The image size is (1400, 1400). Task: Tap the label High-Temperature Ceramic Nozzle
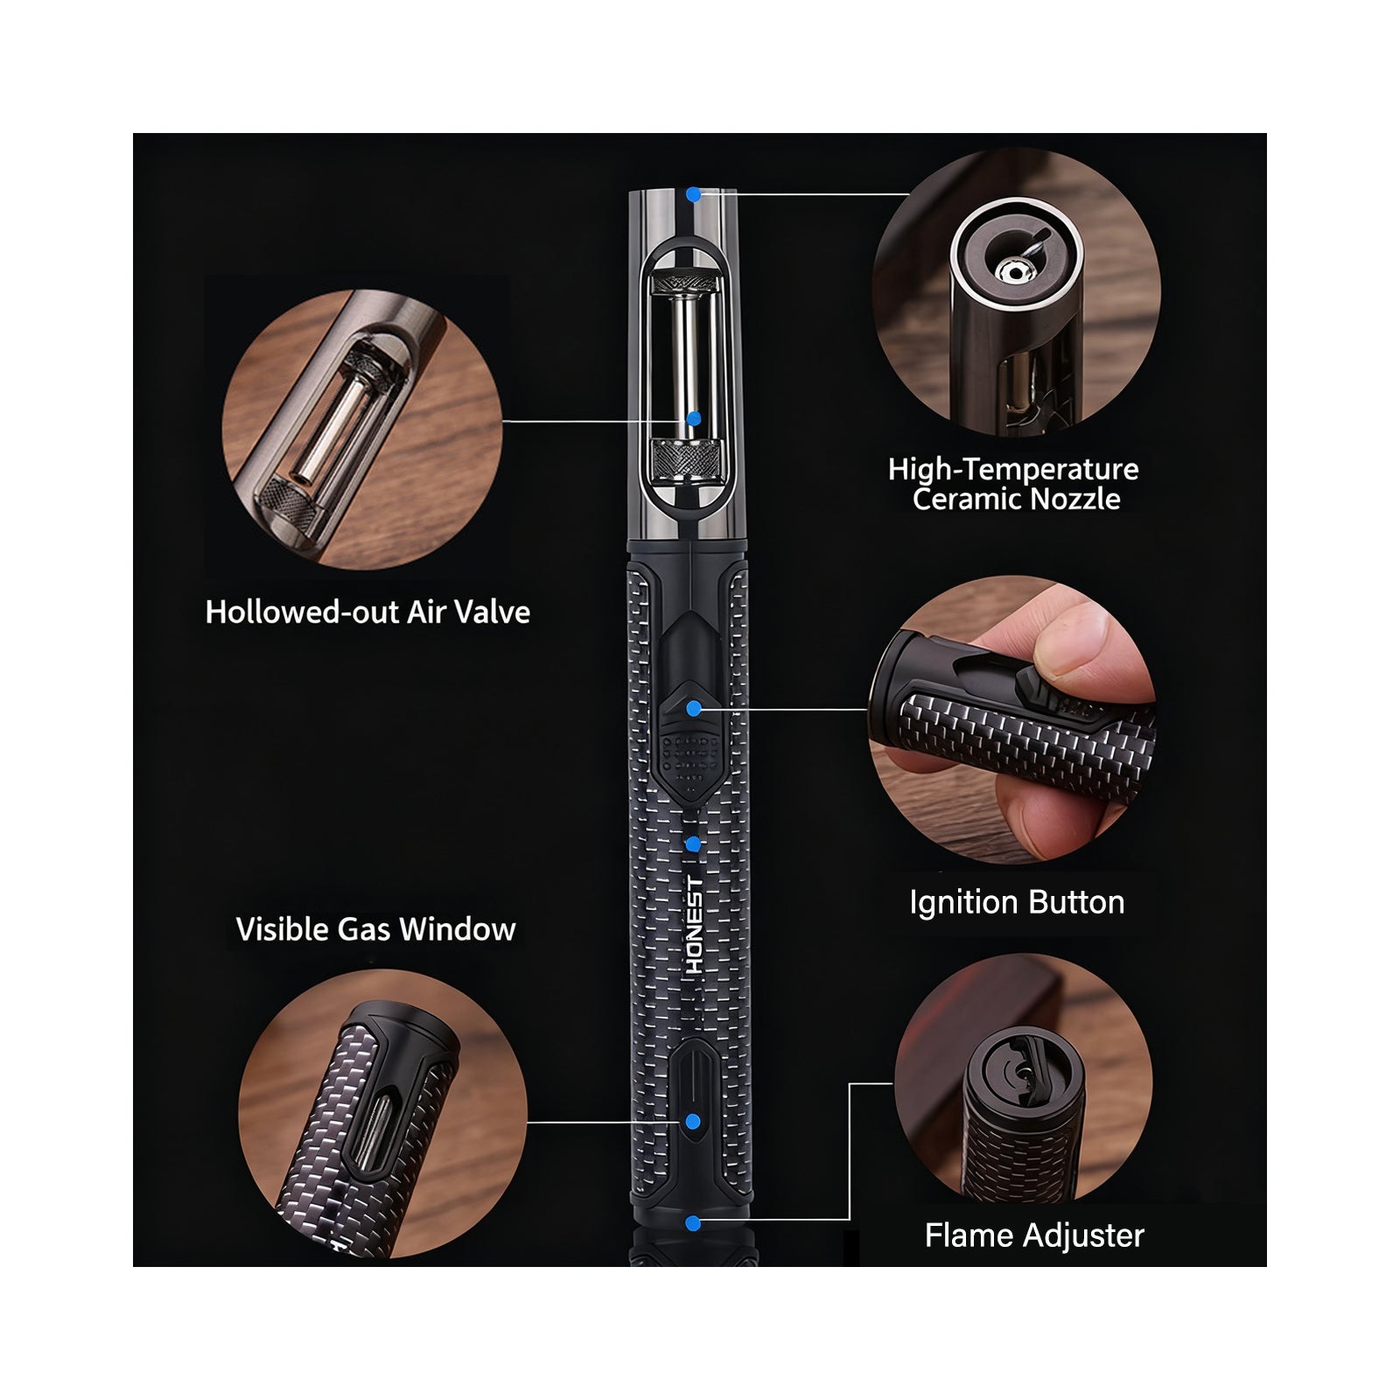coord(1014,484)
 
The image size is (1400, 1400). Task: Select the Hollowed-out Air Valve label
coord(367,612)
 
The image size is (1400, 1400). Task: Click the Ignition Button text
coord(1017,902)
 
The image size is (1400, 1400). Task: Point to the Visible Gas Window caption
coord(375,929)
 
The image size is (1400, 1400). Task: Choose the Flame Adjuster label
coord(1034,1235)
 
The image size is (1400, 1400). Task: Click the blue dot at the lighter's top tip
coord(693,195)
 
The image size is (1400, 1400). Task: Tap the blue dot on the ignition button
coord(694,709)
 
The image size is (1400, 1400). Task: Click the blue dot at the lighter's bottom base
coord(693,1223)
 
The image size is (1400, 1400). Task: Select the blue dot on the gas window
coord(693,1122)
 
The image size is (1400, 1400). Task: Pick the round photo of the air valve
coord(363,429)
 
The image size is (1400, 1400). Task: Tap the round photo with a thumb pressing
coord(1012,720)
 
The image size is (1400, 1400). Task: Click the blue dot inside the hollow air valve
coord(693,419)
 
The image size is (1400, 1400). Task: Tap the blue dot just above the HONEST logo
coord(693,843)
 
